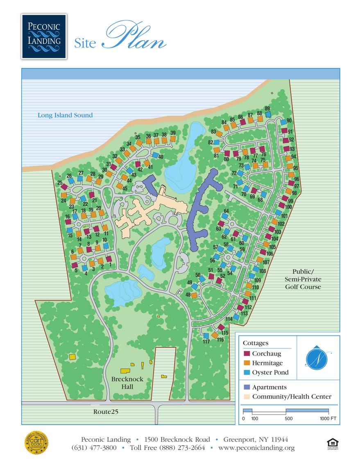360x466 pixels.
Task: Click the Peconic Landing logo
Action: [x=44, y=36]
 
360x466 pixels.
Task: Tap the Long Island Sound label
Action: [x=65, y=115]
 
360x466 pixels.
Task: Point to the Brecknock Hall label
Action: [x=127, y=382]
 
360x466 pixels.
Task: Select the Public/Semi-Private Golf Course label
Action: [x=303, y=279]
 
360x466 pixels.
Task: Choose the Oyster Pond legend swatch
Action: [x=247, y=373]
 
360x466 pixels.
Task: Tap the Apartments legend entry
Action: [x=269, y=387]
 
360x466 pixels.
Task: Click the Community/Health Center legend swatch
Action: [x=247, y=396]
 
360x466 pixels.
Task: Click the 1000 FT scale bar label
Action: [x=328, y=418]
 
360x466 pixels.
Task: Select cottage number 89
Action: [x=268, y=115]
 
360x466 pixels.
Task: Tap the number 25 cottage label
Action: [x=60, y=183]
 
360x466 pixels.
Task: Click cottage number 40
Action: [x=156, y=155]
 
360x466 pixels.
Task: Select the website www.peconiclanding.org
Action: [x=256, y=448]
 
